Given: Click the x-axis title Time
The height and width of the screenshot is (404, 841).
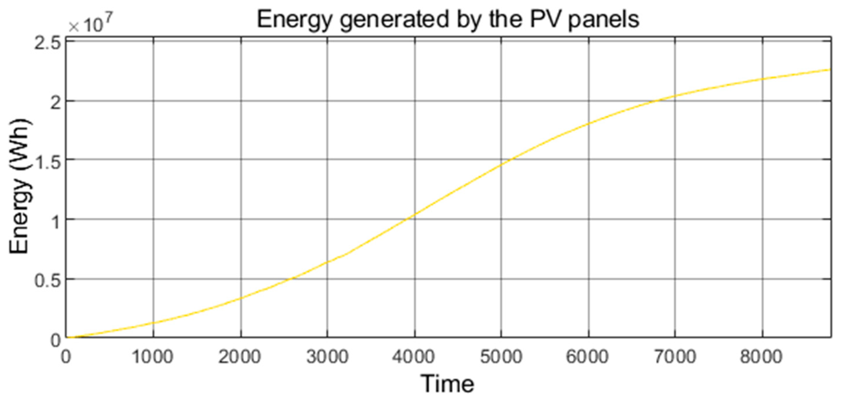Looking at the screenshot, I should click(x=447, y=384).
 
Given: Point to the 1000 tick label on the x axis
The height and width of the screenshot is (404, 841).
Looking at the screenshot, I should click(x=152, y=356).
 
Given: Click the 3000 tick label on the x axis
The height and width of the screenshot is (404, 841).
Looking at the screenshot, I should click(x=327, y=356).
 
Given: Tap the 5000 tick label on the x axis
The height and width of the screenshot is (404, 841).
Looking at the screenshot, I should click(x=501, y=356).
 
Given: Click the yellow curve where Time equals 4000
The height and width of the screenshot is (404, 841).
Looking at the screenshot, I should click(x=415, y=214).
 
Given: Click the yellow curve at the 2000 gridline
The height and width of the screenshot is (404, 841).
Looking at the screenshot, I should click(x=241, y=298).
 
